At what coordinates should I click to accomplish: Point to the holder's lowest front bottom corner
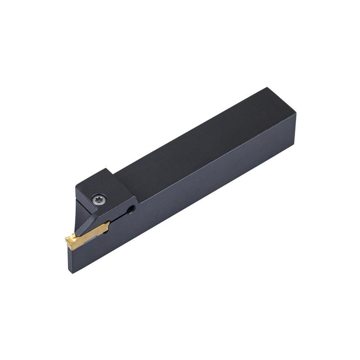click(71, 272)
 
